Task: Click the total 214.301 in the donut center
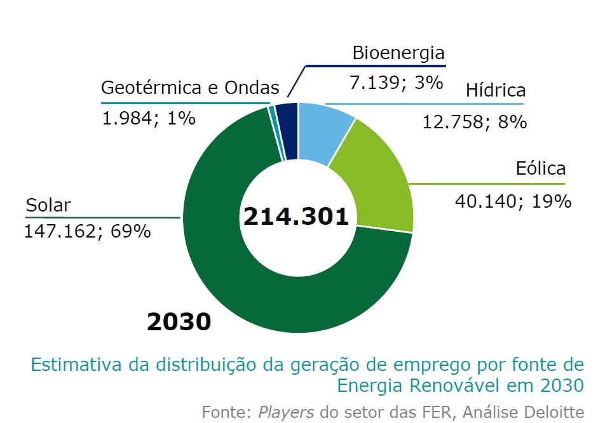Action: (296, 217)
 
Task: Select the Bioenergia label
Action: (398, 53)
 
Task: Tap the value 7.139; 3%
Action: (396, 82)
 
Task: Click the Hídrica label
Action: (496, 90)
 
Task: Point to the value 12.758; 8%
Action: (475, 121)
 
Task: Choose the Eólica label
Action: (541, 169)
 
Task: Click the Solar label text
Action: (48, 205)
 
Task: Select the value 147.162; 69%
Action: (87, 231)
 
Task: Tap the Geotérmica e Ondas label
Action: (190, 88)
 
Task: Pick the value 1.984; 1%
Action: (149, 118)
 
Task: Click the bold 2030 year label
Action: (179, 321)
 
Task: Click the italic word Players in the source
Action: (286, 412)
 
